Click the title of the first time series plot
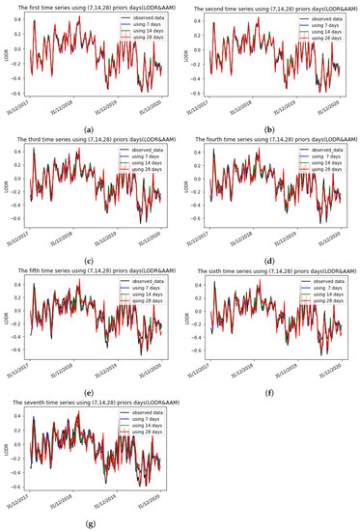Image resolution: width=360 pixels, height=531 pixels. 95,8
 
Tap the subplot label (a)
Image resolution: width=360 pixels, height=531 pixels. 90,128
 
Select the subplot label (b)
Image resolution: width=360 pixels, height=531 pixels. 269,128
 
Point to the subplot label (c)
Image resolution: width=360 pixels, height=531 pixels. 90,262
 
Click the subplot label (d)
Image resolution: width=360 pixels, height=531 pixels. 269,262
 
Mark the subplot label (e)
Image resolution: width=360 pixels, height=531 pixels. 90,394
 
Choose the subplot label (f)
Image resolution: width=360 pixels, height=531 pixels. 269,394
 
